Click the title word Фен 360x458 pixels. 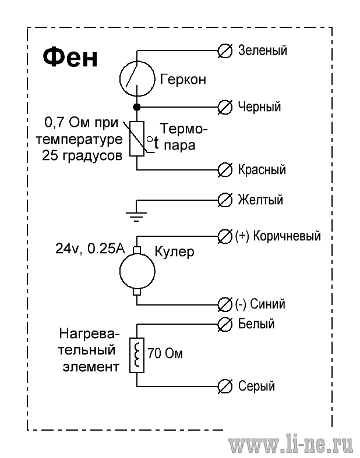pyautogui.click(x=70, y=58)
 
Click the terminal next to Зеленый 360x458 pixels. pyautogui.click(x=225, y=51)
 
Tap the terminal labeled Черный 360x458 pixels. pyautogui.click(x=225, y=107)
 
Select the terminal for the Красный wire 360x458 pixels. pyautogui.click(x=225, y=170)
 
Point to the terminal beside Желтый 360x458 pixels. pyautogui.click(x=225, y=200)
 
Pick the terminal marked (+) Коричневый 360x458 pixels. pyautogui.click(x=225, y=236)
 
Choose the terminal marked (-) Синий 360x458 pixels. pyautogui.click(x=225, y=304)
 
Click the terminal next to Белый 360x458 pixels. pyautogui.click(x=225, y=325)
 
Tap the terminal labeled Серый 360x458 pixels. pyautogui.click(x=225, y=386)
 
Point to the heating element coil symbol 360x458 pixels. pyautogui.click(x=137, y=355)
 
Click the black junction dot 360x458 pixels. pyautogui.click(x=137, y=107)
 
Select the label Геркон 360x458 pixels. pyautogui.click(x=183, y=80)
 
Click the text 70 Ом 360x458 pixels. pyautogui.click(x=165, y=353)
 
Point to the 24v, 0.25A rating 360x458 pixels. pyautogui.click(x=90, y=249)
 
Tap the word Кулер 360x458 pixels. pyautogui.click(x=174, y=251)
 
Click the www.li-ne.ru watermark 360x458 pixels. pyautogui.click(x=291, y=446)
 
